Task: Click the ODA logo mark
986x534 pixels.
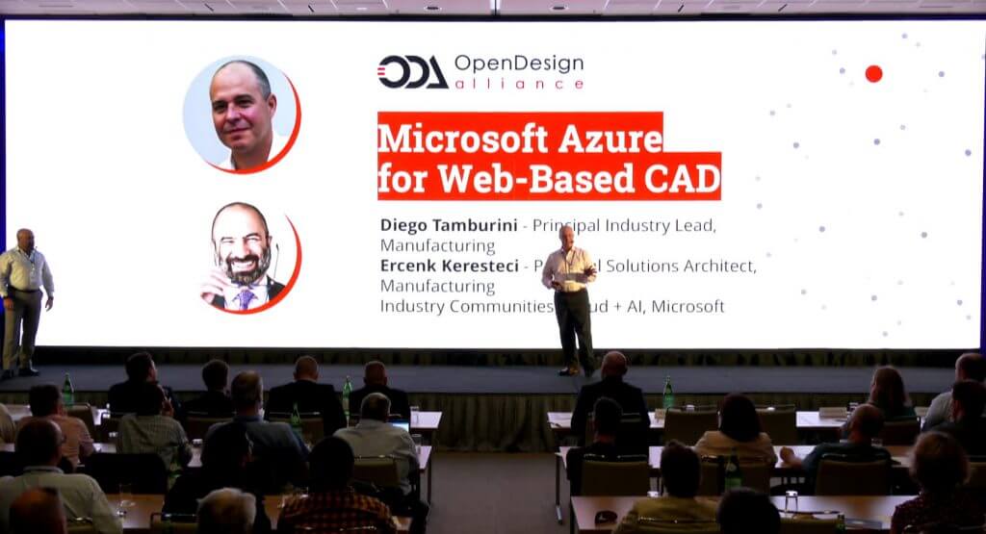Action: point(412,72)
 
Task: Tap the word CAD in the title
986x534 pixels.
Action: point(680,179)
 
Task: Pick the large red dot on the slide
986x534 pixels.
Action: point(873,73)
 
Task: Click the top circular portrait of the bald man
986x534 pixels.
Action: point(241,114)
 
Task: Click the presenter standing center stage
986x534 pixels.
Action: point(570,298)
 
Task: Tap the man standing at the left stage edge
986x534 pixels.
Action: point(23,298)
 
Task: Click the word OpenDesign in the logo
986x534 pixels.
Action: point(518,64)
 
